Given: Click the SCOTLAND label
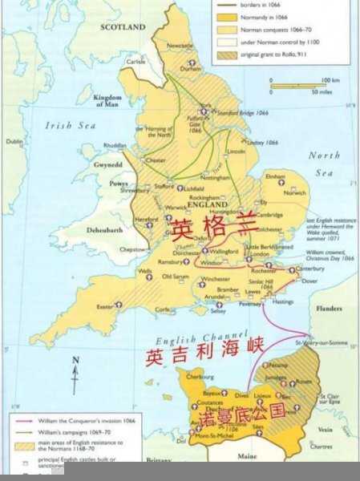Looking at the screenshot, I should coord(123,26).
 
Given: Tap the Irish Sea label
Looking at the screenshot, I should coord(71,125).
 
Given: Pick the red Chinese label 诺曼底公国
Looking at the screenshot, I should coord(237,415).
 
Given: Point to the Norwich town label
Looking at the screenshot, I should coord(295,192).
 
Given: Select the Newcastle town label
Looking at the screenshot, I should coord(180,46).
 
